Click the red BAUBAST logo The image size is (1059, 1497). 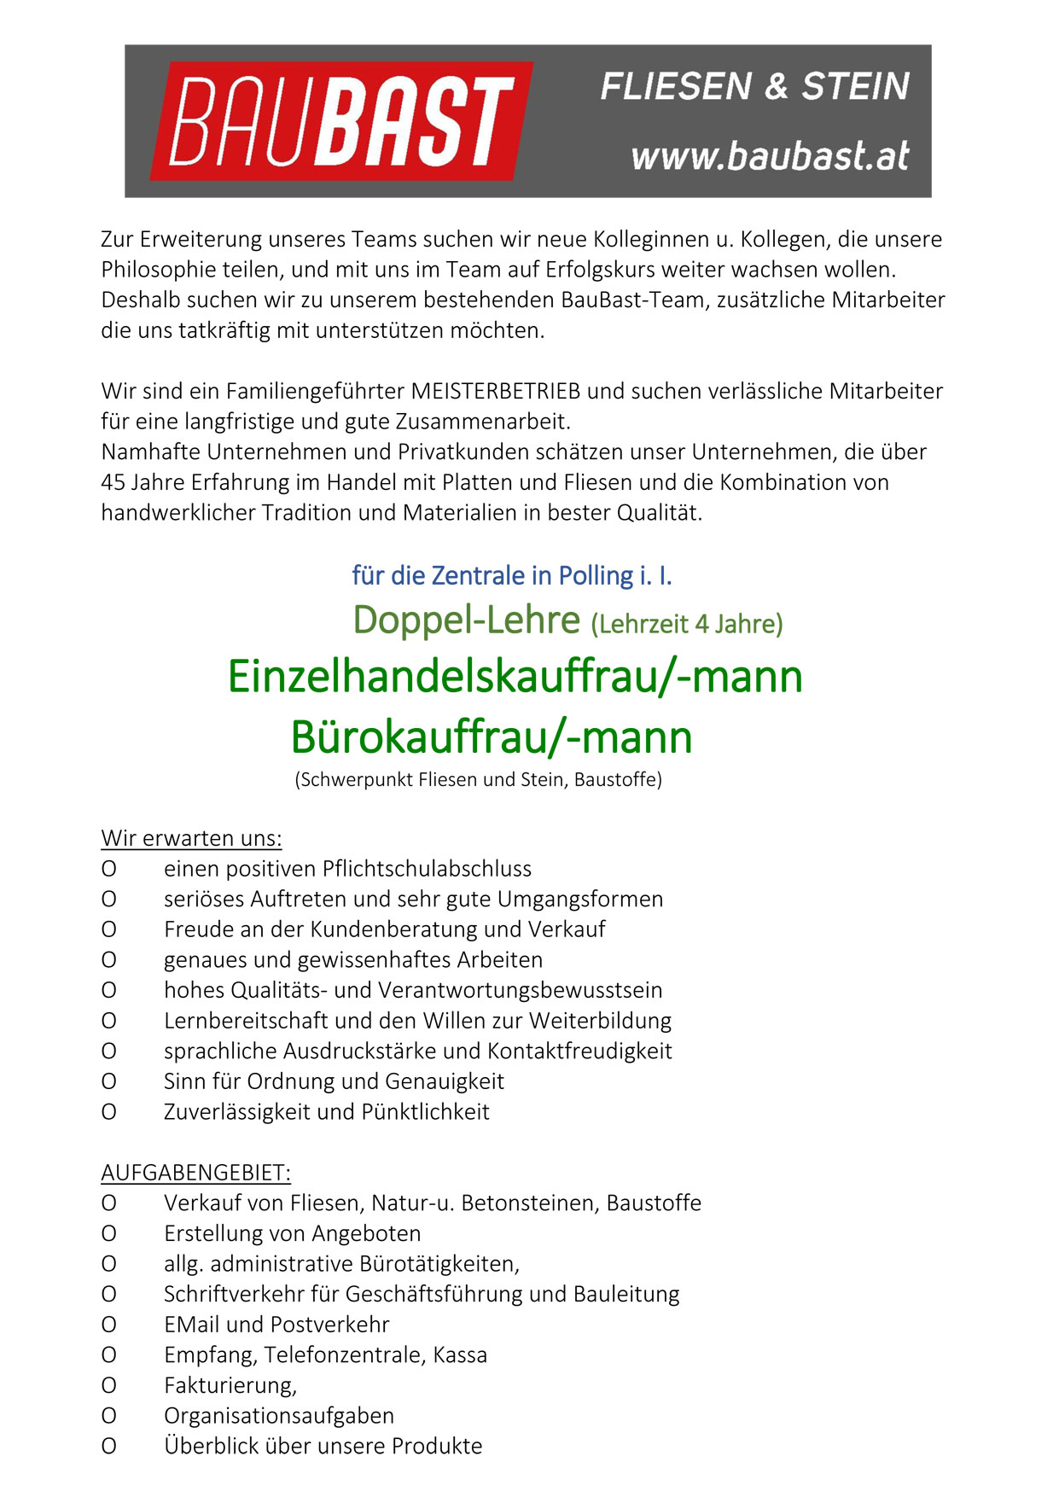click(341, 120)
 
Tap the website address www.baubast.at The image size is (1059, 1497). click(770, 156)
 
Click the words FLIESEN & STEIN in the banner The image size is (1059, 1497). click(754, 86)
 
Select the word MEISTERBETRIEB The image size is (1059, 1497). click(495, 392)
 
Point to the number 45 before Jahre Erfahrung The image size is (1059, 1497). click(113, 483)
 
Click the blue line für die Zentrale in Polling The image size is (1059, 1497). click(511, 576)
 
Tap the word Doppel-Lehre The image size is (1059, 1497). click(466, 620)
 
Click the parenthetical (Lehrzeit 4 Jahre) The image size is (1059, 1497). click(686, 625)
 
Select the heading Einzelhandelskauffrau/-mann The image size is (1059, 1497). click(515, 677)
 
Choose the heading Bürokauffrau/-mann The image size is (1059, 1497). click(491, 737)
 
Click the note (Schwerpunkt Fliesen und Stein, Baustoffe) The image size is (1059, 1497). click(478, 780)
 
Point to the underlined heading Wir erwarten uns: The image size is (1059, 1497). click(191, 838)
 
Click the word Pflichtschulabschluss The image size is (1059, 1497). click(427, 869)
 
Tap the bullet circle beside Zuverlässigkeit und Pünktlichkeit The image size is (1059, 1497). click(109, 1112)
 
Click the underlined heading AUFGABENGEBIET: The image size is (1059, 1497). click(195, 1173)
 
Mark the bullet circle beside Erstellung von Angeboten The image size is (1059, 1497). click(109, 1234)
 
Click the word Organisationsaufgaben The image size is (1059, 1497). click(279, 1416)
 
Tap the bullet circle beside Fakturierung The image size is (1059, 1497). click(109, 1386)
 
